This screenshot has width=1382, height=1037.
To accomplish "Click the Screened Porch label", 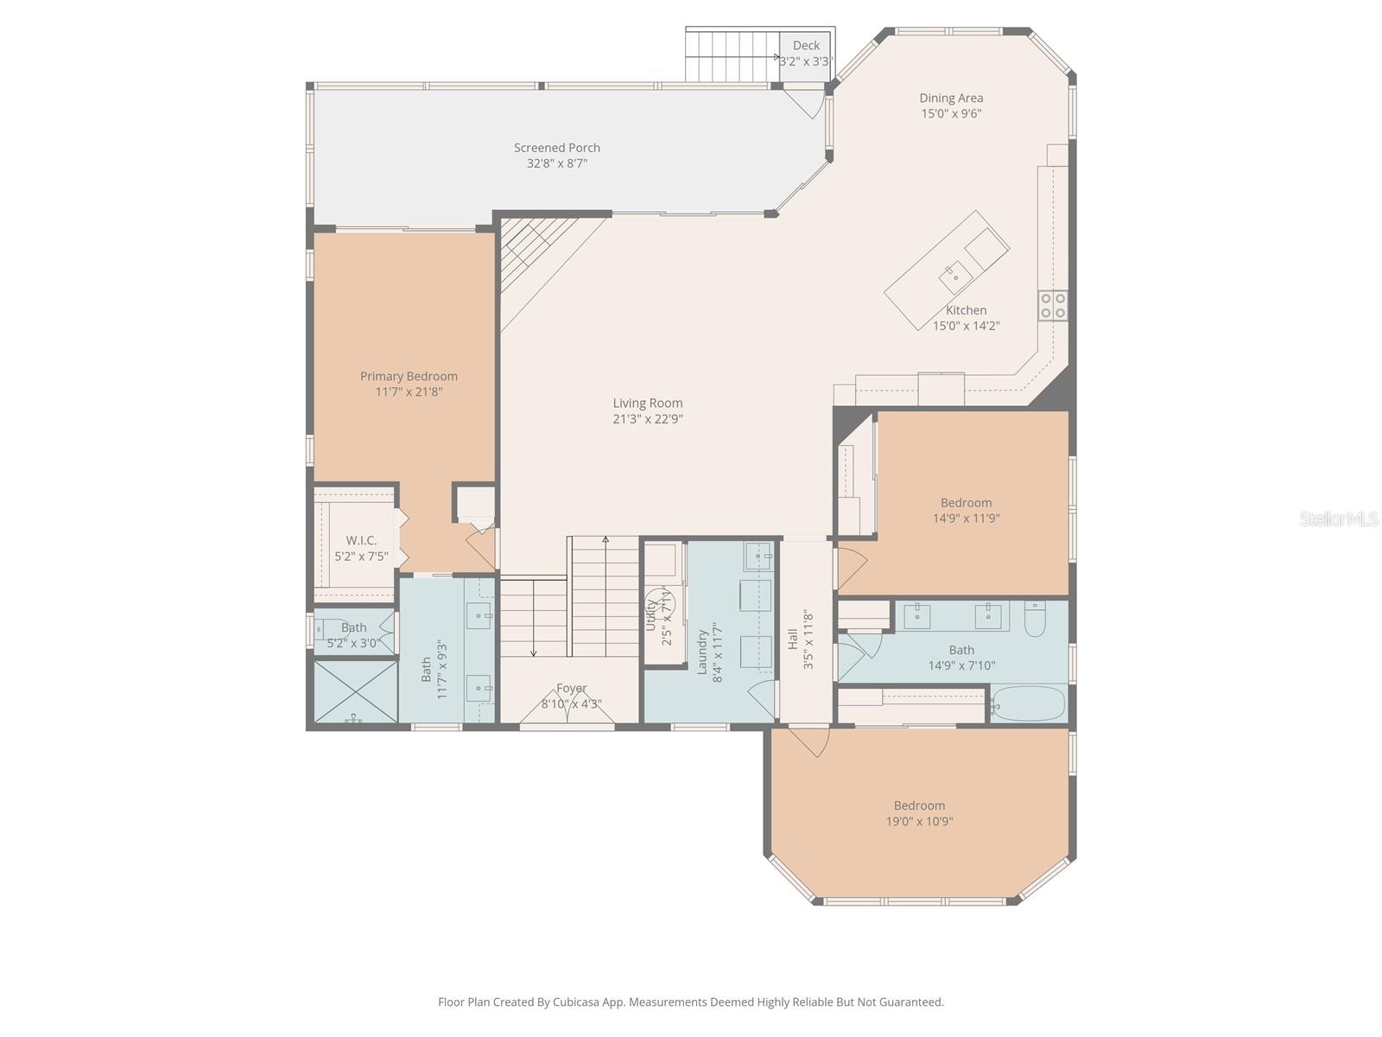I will [557, 148].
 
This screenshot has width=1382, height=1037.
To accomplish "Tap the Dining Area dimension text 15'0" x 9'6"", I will [950, 113].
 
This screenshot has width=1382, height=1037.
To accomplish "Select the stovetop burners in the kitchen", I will [1053, 306].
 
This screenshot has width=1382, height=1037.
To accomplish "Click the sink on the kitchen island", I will [955, 275].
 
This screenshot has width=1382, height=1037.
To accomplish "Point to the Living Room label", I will [648, 403].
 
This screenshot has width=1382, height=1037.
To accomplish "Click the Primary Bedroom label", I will [409, 376].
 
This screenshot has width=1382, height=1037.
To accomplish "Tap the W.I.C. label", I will [361, 540].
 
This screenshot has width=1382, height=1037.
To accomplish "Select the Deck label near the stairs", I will [806, 46].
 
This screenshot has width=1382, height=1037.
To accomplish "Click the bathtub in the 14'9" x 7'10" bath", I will [1029, 704].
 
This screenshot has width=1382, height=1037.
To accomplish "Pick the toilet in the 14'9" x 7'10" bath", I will [1035, 618].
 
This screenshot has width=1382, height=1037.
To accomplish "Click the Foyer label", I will [571, 688].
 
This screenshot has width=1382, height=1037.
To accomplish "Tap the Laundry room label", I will [703, 651].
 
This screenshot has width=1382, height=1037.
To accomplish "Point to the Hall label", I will [792, 640].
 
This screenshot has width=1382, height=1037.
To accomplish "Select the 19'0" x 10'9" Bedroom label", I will [919, 805].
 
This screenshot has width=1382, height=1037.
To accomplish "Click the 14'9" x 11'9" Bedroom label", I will [966, 503].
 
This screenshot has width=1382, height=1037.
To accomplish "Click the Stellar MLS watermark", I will [1340, 518].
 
